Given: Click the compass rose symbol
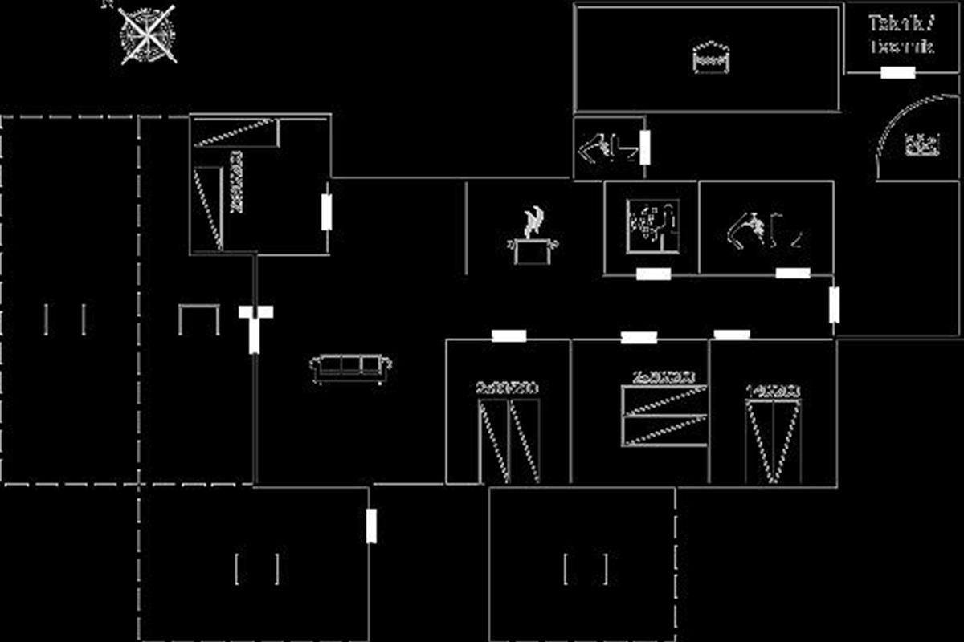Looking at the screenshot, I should click(x=147, y=34).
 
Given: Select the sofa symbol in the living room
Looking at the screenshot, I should click(x=351, y=368).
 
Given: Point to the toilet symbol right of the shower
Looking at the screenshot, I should click(x=763, y=230).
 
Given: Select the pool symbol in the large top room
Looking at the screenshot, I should click(x=711, y=58).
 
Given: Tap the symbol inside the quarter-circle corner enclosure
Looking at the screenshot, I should click(x=922, y=145).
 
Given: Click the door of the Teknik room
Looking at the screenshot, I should click(x=897, y=73).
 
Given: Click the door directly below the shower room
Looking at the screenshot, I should click(x=653, y=274).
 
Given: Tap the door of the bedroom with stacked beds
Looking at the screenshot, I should click(x=639, y=338).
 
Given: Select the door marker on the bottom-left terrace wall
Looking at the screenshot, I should click(x=371, y=526).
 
